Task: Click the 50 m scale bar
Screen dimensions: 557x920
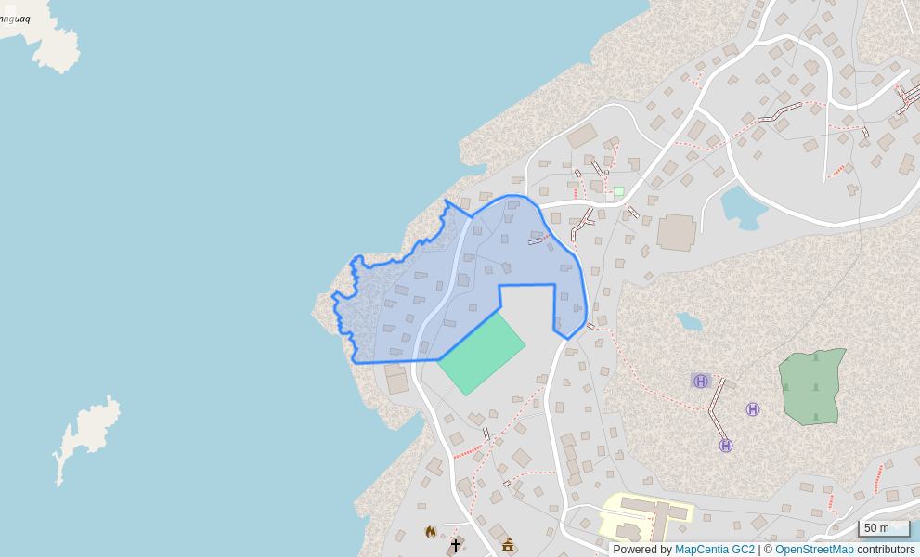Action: coord(883,528)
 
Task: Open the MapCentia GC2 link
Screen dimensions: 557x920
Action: coord(714,550)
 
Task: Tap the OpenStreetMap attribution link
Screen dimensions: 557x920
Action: coord(814,550)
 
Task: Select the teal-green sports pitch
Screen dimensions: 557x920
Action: coord(482,355)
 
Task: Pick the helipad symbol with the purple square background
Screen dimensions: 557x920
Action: coord(701,382)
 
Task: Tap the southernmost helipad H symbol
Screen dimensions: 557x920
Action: coord(726,446)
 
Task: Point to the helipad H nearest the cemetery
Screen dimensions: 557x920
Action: coord(753,409)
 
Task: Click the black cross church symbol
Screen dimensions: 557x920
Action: coord(456,545)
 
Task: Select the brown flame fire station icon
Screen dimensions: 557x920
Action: coord(431,532)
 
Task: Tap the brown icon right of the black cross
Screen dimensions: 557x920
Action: coord(508,544)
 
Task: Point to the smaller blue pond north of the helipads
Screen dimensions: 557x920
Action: coord(689,322)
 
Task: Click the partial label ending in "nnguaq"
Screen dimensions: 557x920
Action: coord(16,19)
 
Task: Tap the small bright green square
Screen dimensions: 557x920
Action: coord(618,191)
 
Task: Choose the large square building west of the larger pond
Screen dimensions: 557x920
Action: coord(676,232)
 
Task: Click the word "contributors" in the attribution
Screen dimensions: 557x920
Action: coord(886,550)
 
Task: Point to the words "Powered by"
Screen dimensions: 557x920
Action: coord(642,550)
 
